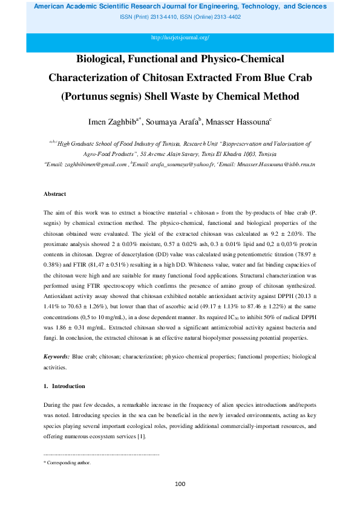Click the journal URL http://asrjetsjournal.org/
pyautogui.click(x=180, y=37)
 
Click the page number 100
pyautogui.click(x=180, y=484)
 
